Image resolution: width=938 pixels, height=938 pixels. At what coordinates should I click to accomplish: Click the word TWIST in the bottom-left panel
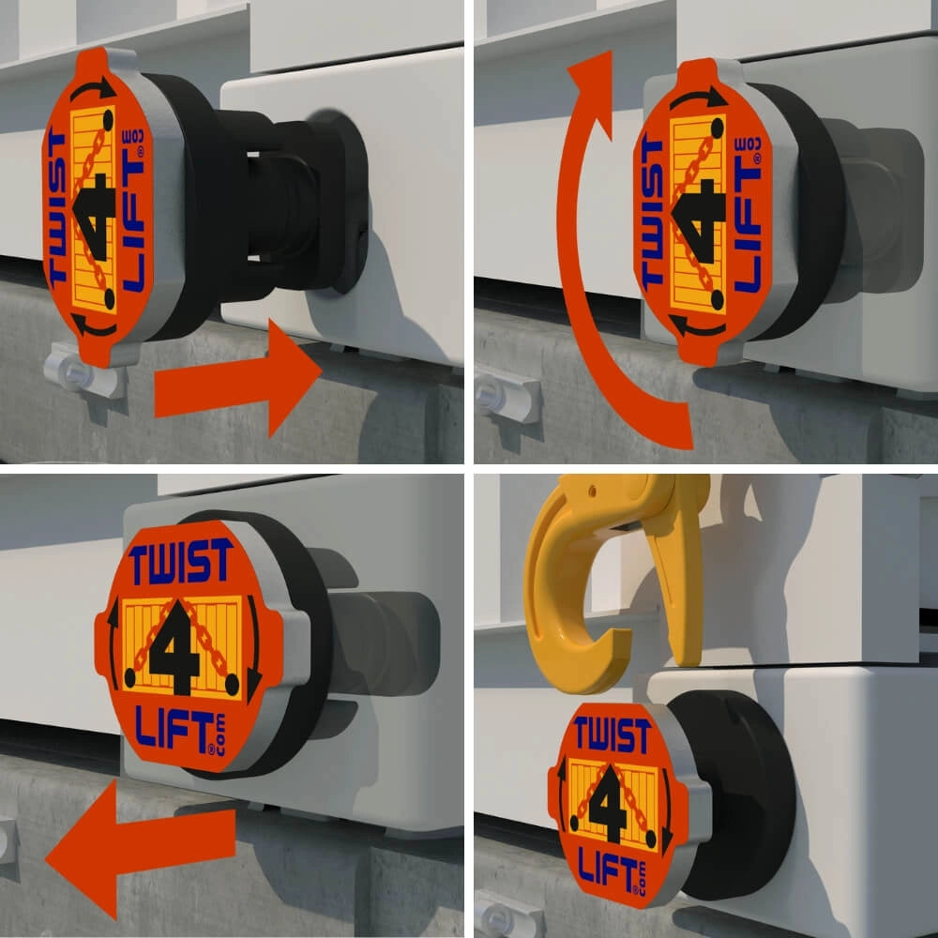181,563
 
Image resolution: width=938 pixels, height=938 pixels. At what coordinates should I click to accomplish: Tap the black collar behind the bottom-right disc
741,788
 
